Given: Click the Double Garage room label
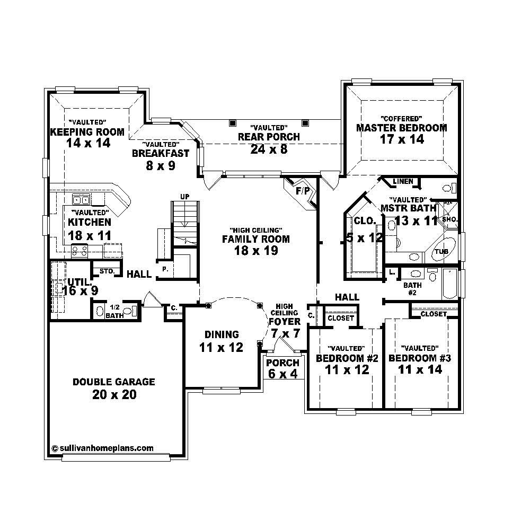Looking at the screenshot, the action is (x=113, y=382).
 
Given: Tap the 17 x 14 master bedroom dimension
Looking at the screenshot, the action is (x=401, y=139).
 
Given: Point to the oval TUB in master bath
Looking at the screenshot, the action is (x=441, y=252).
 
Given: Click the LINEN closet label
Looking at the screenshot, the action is (x=402, y=182).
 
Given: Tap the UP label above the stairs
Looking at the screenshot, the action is (x=184, y=197).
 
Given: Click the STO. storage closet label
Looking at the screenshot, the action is (x=107, y=271).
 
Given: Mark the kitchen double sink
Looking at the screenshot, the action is (x=81, y=200).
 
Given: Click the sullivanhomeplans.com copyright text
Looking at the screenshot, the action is (x=103, y=448).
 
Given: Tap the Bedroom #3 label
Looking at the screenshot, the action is (x=419, y=358).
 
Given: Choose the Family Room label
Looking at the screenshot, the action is (x=255, y=239).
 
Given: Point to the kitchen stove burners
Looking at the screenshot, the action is (x=80, y=251).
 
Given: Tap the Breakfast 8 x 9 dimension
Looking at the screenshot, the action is (x=161, y=165).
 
